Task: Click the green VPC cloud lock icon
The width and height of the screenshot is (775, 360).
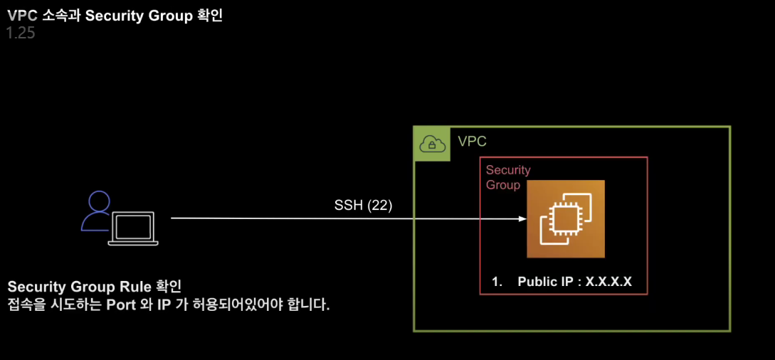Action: pyautogui.click(x=431, y=144)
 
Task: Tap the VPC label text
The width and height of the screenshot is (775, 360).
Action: pyautogui.click(x=472, y=142)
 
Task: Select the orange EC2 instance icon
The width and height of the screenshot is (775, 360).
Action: pyautogui.click(x=565, y=219)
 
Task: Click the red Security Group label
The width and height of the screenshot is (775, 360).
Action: pyautogui.click(x=508, y=177)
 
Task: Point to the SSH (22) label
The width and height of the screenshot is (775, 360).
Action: pyautogui.click(x=363, y=205)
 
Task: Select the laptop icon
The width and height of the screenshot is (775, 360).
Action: pyautogui.click(x=133, y=228)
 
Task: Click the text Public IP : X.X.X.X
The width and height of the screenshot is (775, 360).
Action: pyautogui.click(x=574, y=282)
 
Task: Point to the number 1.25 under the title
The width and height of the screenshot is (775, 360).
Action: pyautogui.click(x=21, y=33)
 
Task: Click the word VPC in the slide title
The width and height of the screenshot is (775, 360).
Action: pyautogui.click(x=21, y=16)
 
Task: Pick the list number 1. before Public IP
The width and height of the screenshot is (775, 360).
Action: pyautogui.click(x=497, y=282)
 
